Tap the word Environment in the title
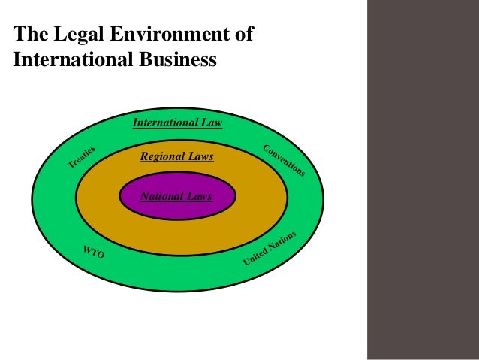coord(167,34)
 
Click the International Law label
coord(177,123)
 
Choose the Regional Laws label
coord(177,157)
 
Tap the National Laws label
coord(177,196)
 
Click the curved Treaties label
coord(85,155)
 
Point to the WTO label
coord(93,253)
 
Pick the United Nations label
coord(270,249)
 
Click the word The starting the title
coord(29,34)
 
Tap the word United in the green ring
coord(254,257)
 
